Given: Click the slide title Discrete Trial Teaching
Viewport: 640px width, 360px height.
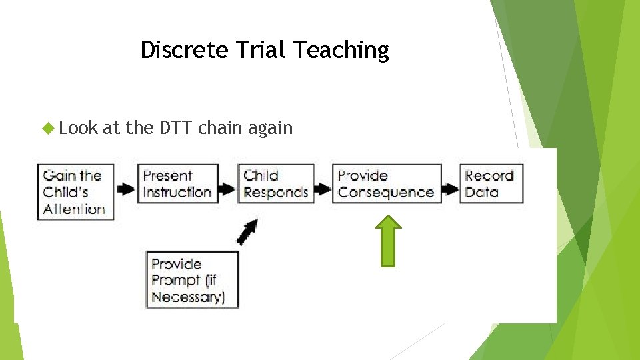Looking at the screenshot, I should coord(265,50).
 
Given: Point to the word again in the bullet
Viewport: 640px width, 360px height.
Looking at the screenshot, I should coord(270,129).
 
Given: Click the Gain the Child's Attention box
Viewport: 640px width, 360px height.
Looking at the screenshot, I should coord(75,192).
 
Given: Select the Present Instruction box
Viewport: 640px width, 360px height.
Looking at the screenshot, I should coord(177,183).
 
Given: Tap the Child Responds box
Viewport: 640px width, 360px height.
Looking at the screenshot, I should coord(275,183).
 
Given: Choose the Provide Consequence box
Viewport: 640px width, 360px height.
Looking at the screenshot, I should coord(387,183).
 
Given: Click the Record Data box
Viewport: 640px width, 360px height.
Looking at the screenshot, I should coord(491,183).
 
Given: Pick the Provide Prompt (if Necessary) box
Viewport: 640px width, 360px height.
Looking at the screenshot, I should coord(192,279).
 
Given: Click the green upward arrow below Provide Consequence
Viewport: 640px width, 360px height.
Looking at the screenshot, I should coord(391,241).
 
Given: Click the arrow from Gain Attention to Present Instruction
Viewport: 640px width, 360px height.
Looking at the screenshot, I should coord(125,189).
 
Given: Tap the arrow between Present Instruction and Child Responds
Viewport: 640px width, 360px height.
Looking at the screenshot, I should coord(228,189).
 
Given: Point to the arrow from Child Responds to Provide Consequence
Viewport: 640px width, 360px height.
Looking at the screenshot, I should coord(323,189).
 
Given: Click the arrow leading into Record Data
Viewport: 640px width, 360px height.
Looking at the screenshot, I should coord(451,189).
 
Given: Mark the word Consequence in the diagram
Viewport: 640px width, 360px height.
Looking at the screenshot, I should coord(386,193).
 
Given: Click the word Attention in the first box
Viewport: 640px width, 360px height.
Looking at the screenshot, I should coord(74,209).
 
